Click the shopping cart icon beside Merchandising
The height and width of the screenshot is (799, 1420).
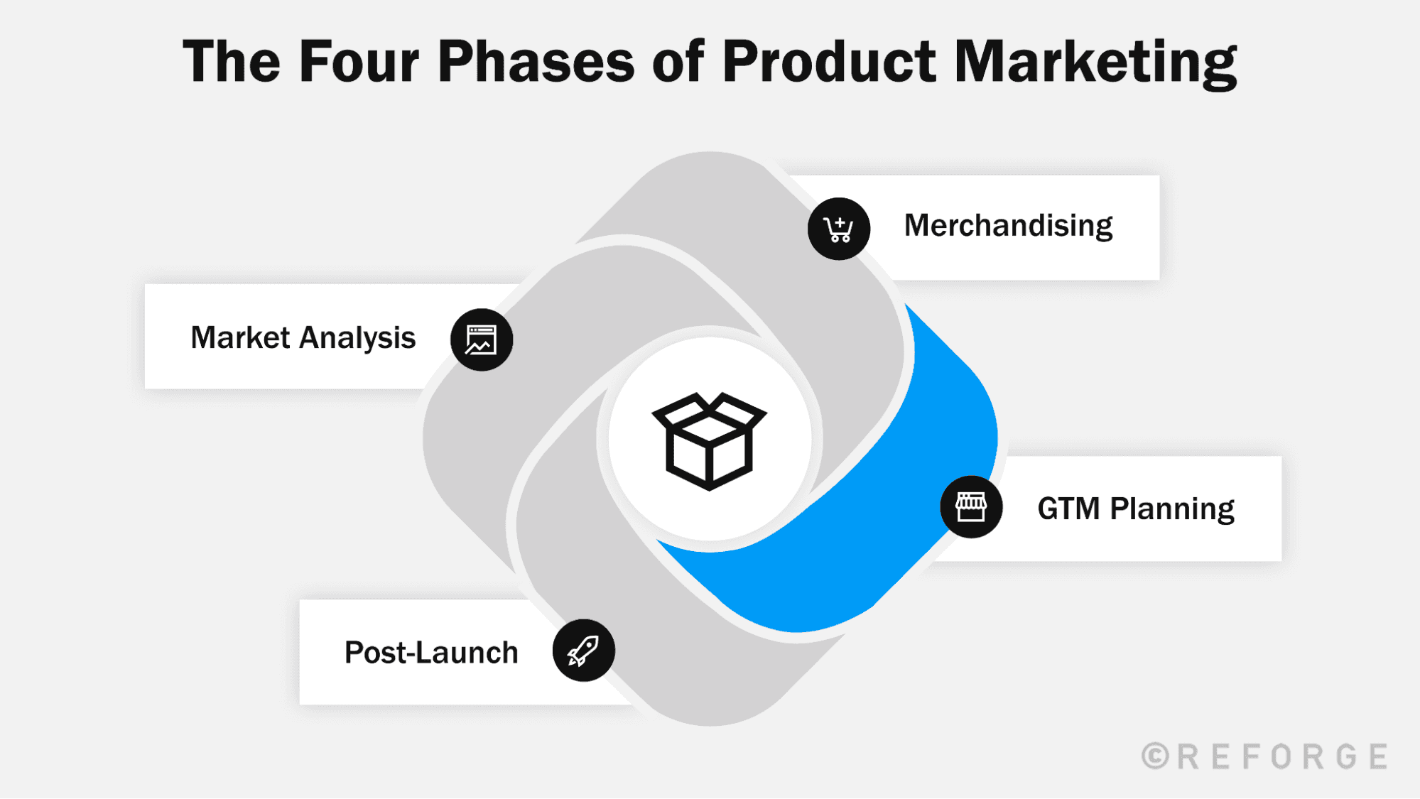pyautogui.click(x=839, y=229)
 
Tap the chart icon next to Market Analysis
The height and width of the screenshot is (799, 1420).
pyautogui.click(x=482, y=339)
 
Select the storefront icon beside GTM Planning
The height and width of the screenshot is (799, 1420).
pyautogui.click(x=971, y=507)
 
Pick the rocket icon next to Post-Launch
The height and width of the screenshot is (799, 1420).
pyautogui.click(x=583, y=651)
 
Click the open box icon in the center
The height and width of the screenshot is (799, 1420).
pyautogui.click(x=709, y=440)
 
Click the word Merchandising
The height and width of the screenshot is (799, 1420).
pyautogui.click(x=1008, y=226)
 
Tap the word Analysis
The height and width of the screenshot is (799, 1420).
pyautogui.click(x=357, y=339)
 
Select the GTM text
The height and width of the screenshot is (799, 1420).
pyautogui.click(x=1068, y=509)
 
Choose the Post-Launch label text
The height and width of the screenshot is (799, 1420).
pyautogui.click(x=431, y=653)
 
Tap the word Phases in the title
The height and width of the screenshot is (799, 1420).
pyautogui.click(x=536, y=61)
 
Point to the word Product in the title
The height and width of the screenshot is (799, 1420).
pyautogui.click(x=829, y=61)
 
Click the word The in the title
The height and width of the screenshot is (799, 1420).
pyautogui.click(x=232, y=61)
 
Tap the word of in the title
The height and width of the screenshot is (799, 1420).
pyautogui.click(x=678, y=61)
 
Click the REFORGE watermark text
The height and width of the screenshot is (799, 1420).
pyautogui.click(x=1282, y=756)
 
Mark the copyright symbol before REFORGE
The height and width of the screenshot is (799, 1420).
pyautogui.click(x=1156, y=756)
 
